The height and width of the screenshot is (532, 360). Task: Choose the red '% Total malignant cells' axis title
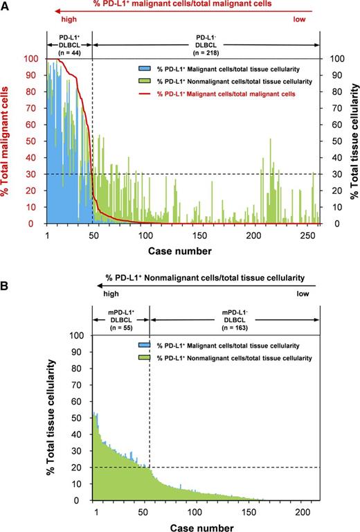tap(10, 142)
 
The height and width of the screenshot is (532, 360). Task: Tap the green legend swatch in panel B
tap(143, 357)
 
